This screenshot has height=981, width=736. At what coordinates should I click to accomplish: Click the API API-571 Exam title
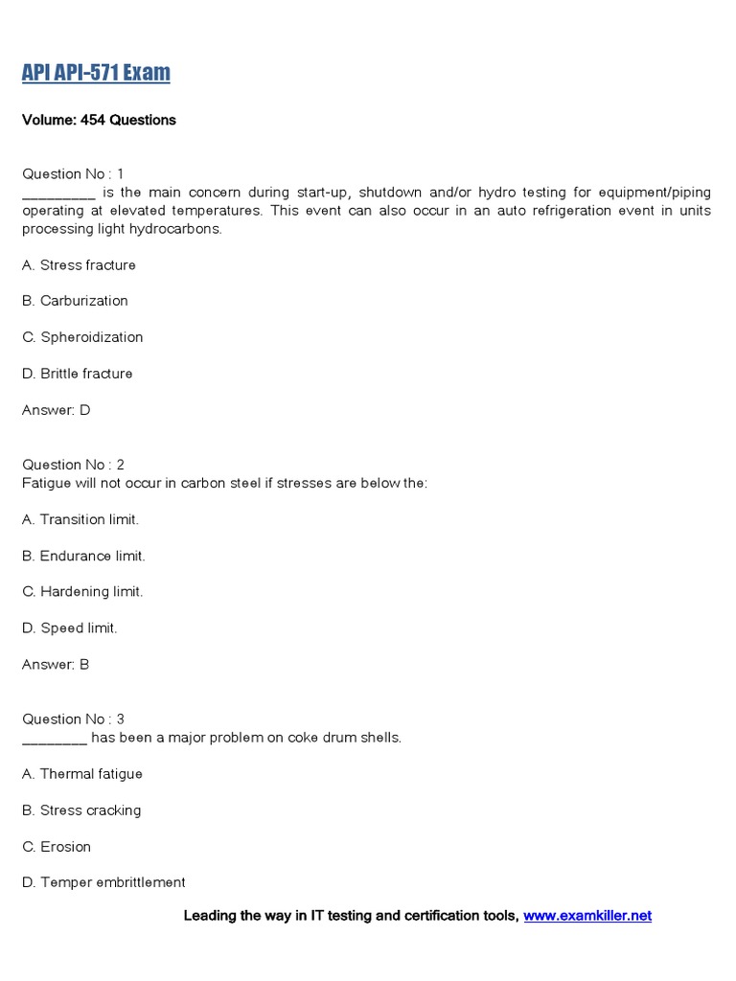(x=96, y=73)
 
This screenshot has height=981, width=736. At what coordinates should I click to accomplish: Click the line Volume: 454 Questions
(x=99, y=120)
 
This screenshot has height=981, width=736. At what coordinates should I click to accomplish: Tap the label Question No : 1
(x=73, y=173)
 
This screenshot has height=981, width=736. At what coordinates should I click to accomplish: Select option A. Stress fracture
(x=79, y=264)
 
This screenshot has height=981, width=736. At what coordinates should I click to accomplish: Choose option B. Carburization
(x=75, y=301)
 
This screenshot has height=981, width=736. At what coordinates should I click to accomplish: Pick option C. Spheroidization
(x=82, y=337)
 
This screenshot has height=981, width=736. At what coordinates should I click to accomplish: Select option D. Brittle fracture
(x=78, y=374)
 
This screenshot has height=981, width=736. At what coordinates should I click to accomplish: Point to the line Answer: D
(x=57, y=410)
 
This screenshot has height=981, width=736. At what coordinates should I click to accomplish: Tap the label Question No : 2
(x=73, y=465)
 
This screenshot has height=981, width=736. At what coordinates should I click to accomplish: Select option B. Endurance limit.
(x=83, y=556)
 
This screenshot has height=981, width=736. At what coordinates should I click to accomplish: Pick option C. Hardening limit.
(x=82, y=592)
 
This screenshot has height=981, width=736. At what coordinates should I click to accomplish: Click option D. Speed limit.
(x=69, y=628)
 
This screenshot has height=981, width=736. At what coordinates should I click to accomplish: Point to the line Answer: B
(x=56, y=664)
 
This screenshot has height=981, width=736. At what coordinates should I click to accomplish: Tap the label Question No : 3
(x=73, y=719)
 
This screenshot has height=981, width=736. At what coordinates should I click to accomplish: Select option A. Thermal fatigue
(x=82, y=774)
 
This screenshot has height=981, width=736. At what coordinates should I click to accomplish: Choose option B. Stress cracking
(x=81, y=810)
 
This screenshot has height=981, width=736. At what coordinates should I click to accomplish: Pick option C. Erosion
(x=57, y=847)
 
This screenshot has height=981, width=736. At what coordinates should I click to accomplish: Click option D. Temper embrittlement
(x=103, y=882)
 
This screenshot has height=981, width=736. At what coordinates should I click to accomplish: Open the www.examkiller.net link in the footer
(x=587, y=916)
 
